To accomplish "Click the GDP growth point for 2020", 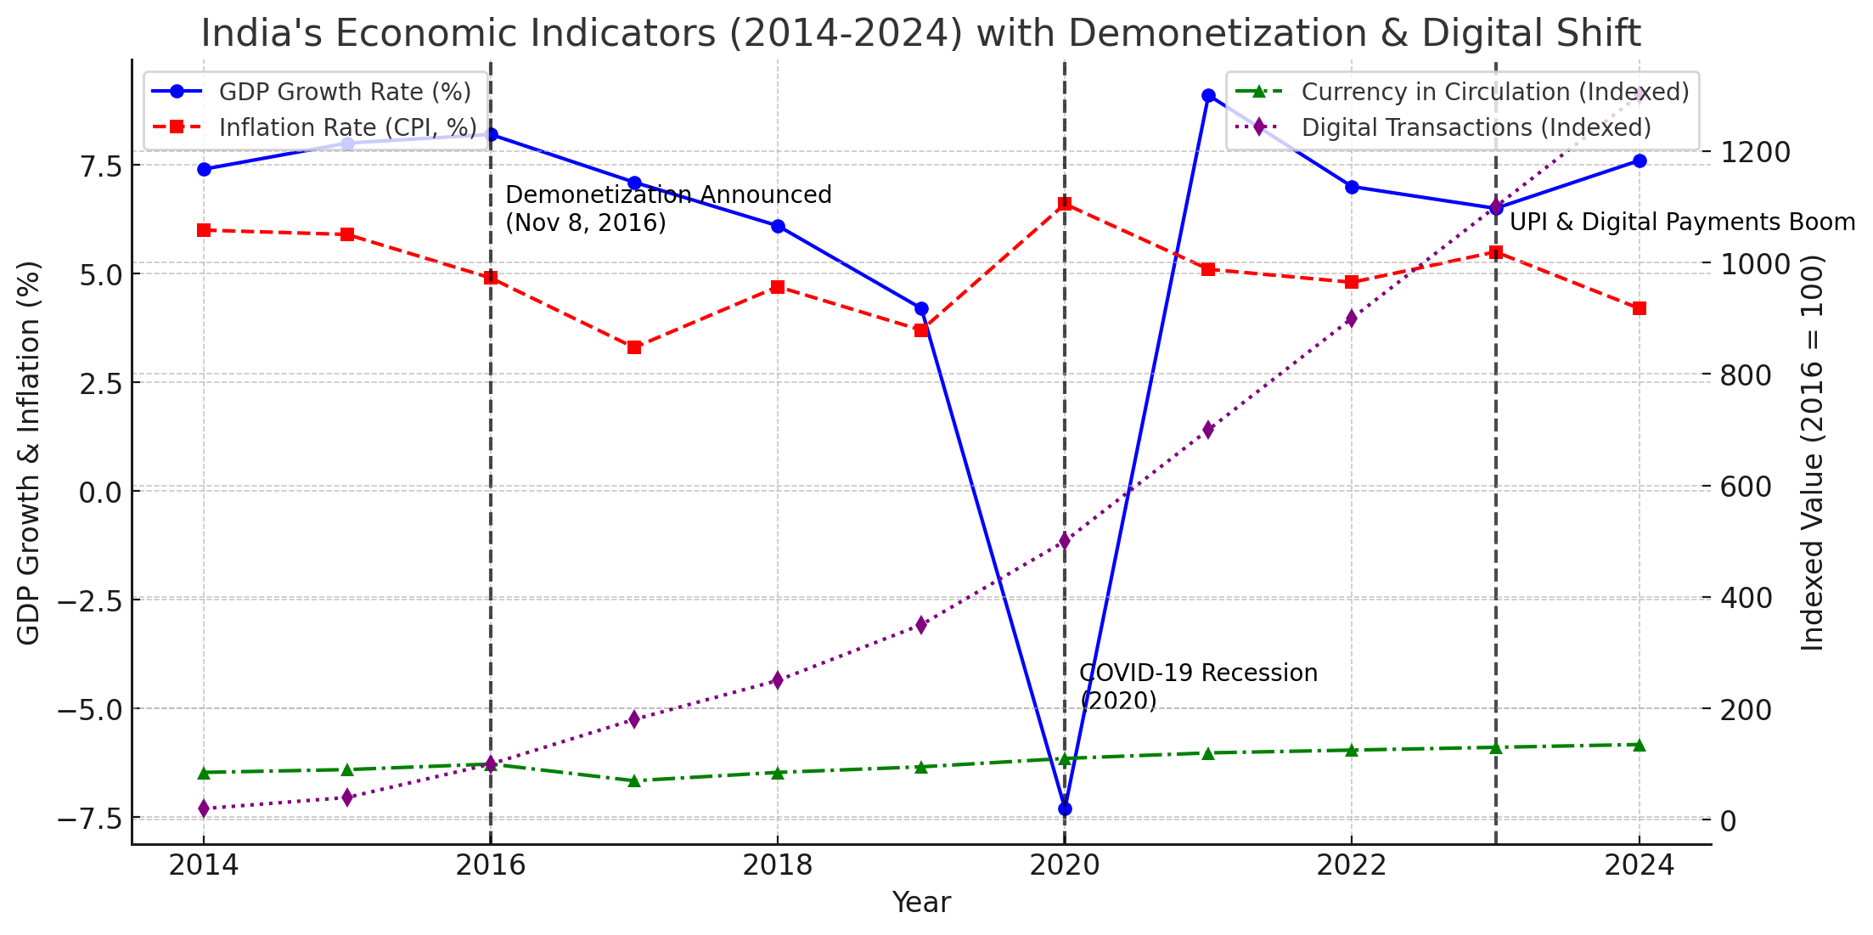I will click(x=1065, y=808).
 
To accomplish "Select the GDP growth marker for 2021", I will click(x=1208, y=96).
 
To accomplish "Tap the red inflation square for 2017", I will click(x=634, y=347).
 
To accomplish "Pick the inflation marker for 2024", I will click(x=1640, y=308).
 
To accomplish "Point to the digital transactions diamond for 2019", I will click(x=921, y=626).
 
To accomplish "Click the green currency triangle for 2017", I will click(x=634, y=780).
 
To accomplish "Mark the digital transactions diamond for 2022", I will click(x=1352, y=318).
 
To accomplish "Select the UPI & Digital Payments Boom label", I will click(x=1682, y=222).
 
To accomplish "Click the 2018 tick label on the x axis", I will click(x=777, y=865).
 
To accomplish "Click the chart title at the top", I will click(x=920, y=34).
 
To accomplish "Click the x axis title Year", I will click(x=921, y=903).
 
